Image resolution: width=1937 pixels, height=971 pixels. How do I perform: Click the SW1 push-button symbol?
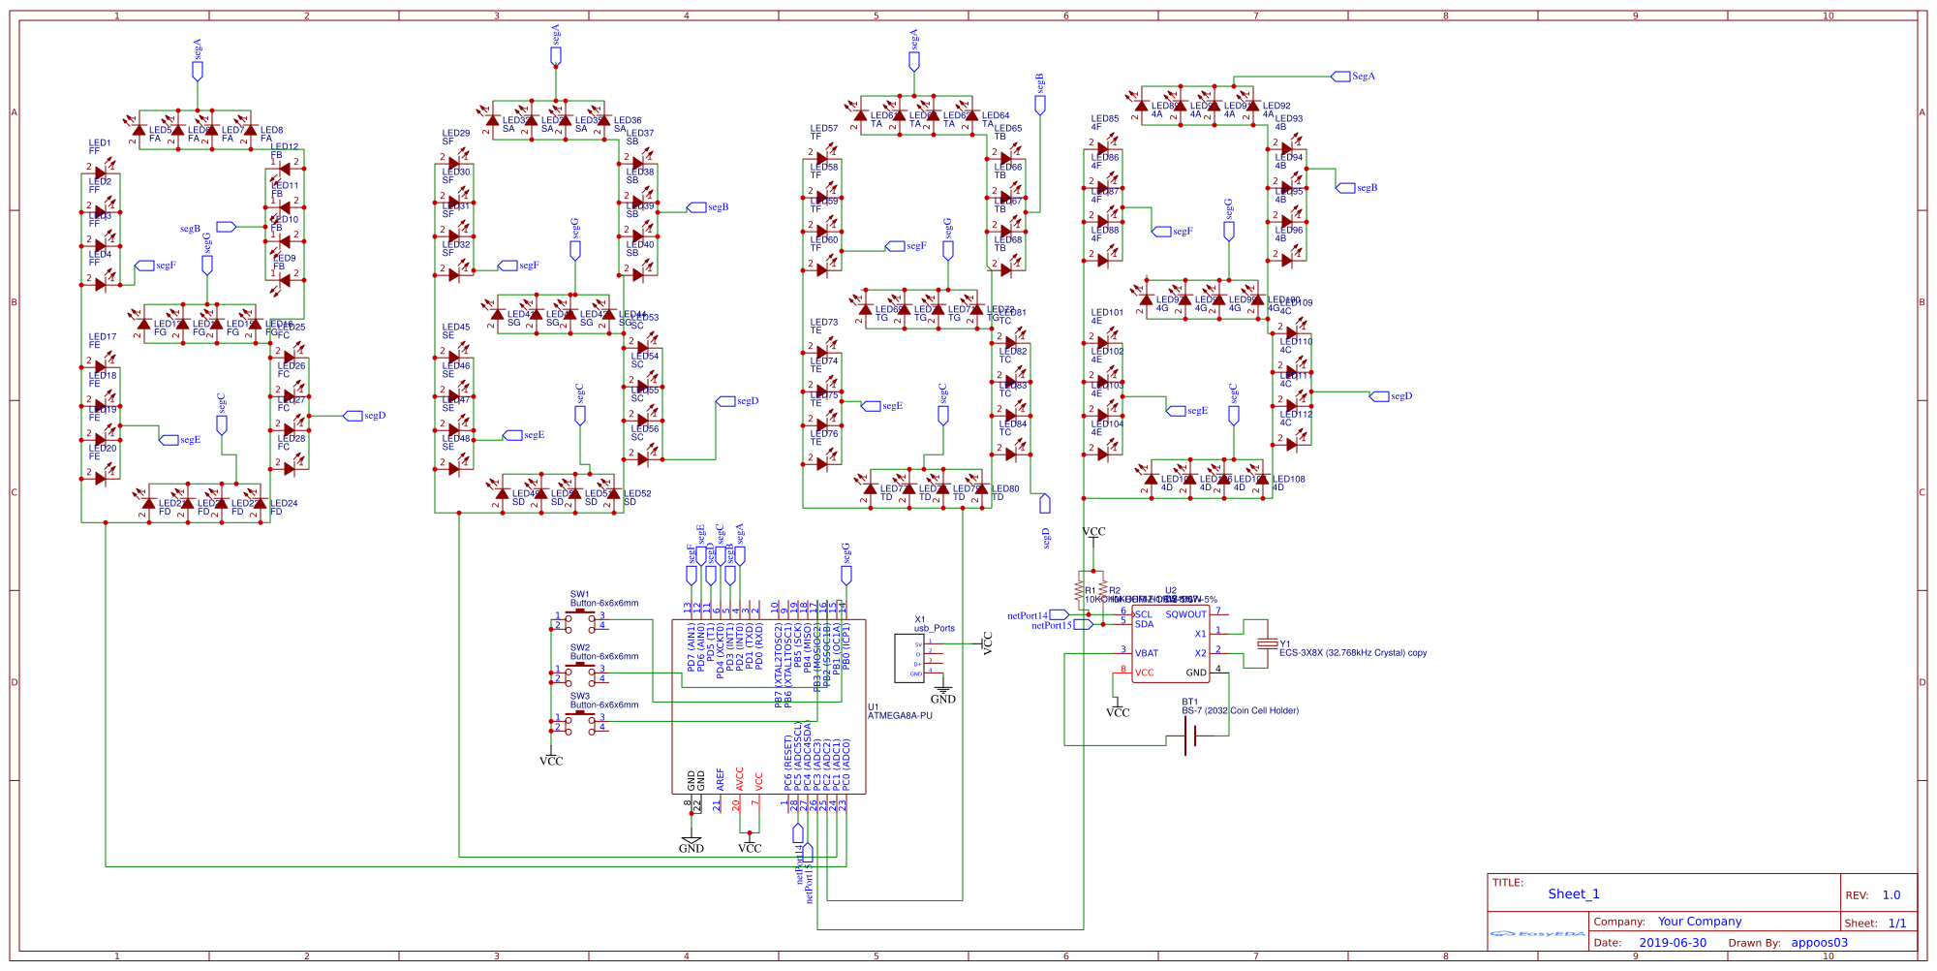(x=580, y=619)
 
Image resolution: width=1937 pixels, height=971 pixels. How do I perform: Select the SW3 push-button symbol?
(x=580, y=721)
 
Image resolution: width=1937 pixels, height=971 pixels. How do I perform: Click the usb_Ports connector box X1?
(x=910, y=658)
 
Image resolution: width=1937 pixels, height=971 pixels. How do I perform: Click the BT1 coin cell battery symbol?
(x=1190, y=737)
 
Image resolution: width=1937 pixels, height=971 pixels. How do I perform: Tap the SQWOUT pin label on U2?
(x=1185, y=614)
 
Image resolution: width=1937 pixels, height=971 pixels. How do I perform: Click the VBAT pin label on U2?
(x=1147, y=653)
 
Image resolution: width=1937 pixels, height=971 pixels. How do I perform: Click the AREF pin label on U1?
(x=721, y=780)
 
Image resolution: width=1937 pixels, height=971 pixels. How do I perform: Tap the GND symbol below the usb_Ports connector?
(x=942, y=694)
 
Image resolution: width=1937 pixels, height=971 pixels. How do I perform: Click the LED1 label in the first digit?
(x=100, y=142)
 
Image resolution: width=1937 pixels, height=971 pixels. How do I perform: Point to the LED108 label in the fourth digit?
(x=1289, y=479)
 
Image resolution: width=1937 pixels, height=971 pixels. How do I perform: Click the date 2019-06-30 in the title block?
(x=1673, y=942)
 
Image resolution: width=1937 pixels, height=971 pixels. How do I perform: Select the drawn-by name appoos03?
(x=1819, y=942)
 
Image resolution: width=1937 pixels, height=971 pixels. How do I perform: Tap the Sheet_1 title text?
(x=1573, y=894)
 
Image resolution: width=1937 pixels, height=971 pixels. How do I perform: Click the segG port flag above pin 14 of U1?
(x=846, y=574)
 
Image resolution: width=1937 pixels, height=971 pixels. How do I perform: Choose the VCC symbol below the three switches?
(x=551, y=761)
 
